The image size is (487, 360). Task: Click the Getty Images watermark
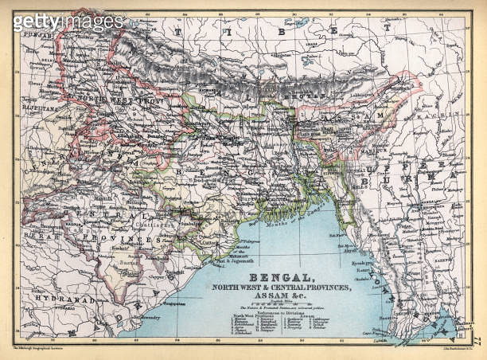pyautogui.click(x=68, y=22)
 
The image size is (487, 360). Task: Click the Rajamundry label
pyautogui.click(x=132, y=318)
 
